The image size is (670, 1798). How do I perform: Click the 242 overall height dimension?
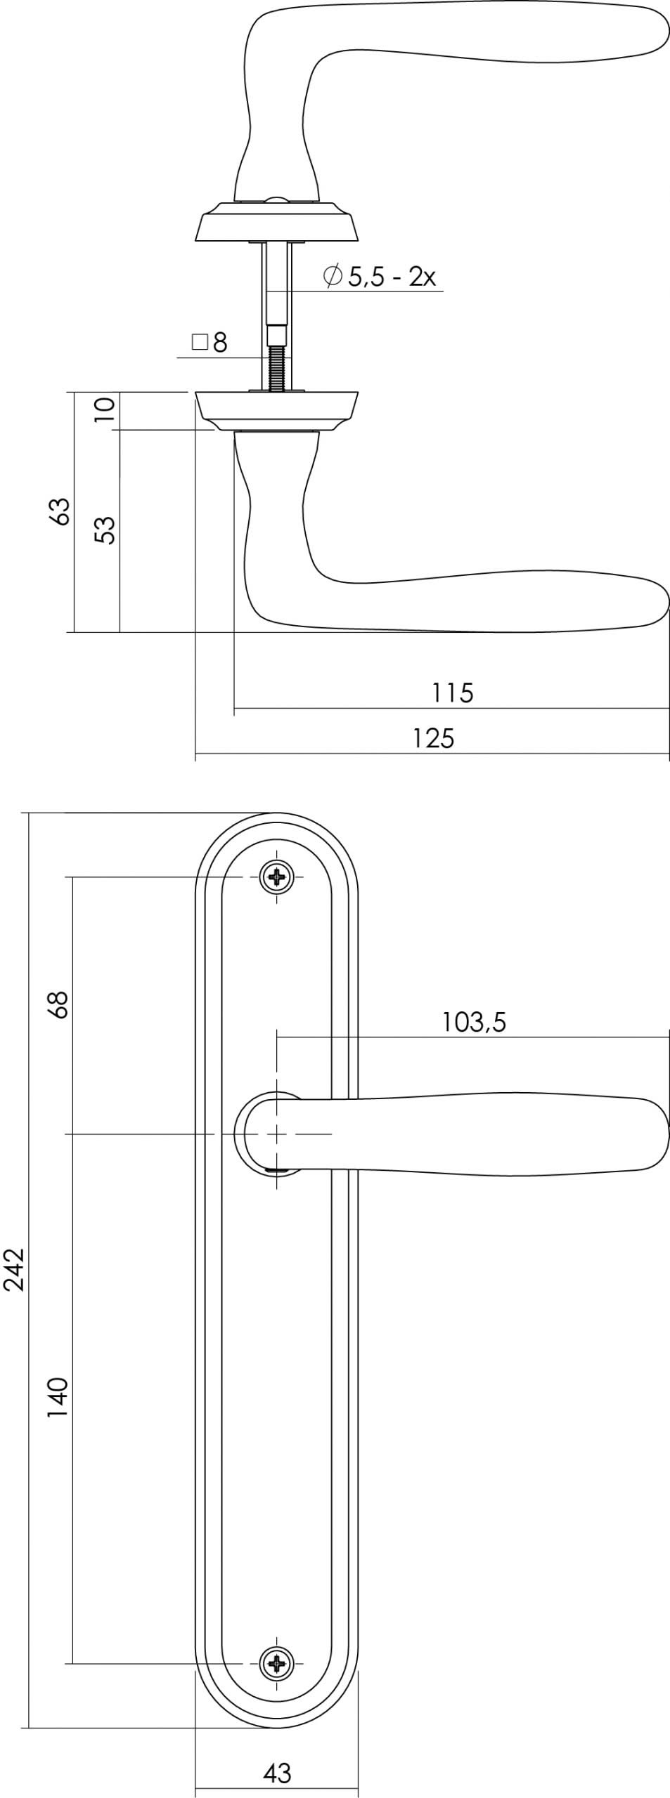click(14, 1269)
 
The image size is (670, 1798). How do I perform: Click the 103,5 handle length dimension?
click(473, 1022)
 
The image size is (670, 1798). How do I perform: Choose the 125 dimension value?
click(433, 738)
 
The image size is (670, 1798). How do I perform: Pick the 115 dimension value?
click(453, 693)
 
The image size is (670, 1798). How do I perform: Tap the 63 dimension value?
click(61, 511)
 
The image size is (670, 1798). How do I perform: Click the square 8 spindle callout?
click(210, 343)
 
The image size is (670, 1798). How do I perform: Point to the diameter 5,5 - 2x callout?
click(380, 276)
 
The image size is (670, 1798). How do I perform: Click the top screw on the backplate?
click(278, 877)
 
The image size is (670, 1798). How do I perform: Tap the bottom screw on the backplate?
click(278, 1664)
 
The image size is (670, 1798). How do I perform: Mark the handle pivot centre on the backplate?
click(278, 1134)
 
